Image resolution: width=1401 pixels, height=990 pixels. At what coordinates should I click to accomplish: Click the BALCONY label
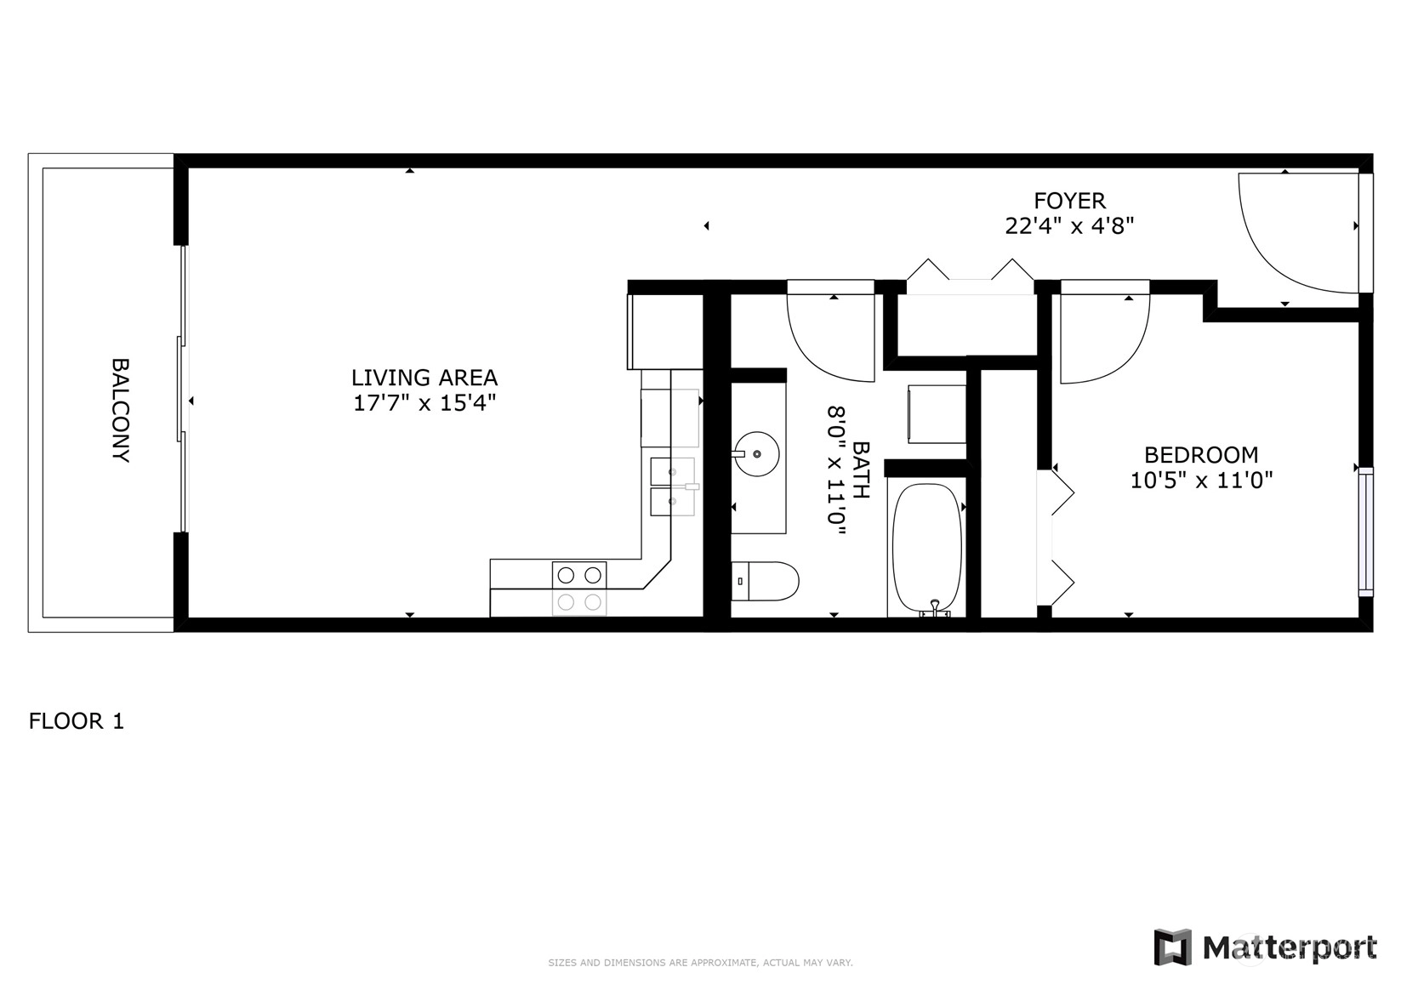[x=121, y=410]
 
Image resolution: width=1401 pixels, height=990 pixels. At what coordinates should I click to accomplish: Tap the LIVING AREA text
[x=424, y=378]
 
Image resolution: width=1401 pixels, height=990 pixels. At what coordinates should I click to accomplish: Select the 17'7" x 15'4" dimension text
[x=424, y=403]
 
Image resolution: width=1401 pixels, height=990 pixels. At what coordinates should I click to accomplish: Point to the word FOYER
[x=1069, y=201]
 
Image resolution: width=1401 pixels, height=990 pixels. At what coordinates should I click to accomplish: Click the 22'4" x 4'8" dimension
[x=1069, y=225]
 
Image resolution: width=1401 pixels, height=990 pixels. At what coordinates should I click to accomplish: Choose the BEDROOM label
[x=1201, y=455]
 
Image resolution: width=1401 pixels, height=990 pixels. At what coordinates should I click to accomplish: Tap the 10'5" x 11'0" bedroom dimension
[x=1201, y=481]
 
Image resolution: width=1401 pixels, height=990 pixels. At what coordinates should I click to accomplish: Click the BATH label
[x=862, y=470]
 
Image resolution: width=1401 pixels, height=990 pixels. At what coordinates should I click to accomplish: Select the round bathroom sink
[x=757, y=454]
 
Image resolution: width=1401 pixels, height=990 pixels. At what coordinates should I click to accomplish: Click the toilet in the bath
[x=765, y=581]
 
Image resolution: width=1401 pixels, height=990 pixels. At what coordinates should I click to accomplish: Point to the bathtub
[x=927, y=548]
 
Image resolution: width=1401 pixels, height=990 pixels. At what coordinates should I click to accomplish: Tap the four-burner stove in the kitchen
[x=579, y=589]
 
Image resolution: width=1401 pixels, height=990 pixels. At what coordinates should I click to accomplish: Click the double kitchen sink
[x=672, y=486]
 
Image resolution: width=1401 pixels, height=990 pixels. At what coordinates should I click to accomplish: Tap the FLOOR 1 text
[x=77, y=721]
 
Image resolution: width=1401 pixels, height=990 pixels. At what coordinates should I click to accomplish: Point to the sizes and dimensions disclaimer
[x=701, y=963]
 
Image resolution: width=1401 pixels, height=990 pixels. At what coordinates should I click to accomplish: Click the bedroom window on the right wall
[x=1366, y=532]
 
